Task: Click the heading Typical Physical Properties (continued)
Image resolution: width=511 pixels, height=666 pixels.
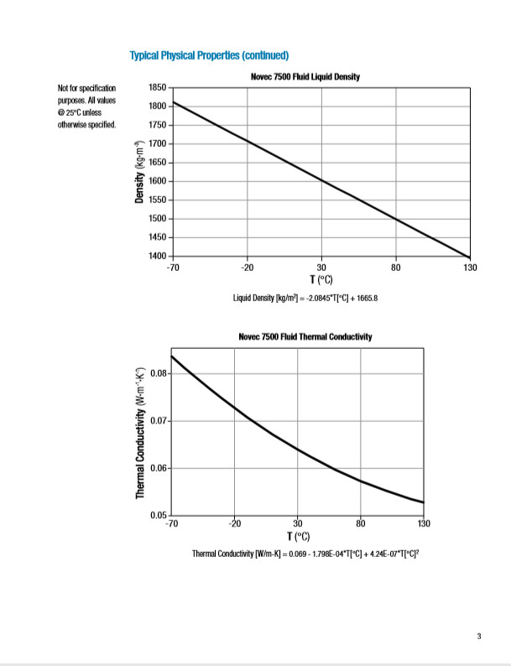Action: tap(209, 56)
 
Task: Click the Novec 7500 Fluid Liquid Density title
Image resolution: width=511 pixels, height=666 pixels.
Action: tap(305, 77)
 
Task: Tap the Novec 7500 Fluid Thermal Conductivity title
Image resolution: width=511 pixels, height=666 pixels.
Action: tap(305, 336)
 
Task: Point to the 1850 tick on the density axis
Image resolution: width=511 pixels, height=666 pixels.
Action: tap(158, 88)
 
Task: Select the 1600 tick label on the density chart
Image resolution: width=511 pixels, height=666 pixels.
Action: tap(158, 181)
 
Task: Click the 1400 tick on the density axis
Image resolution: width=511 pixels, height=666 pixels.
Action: tap(158, 255)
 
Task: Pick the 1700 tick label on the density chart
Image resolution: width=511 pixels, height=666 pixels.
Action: tap(158, 144)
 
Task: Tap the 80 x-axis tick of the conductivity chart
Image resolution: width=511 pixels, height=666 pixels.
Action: tap(361, 524)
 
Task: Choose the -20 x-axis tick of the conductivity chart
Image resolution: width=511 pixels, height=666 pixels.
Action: tap(234, 524)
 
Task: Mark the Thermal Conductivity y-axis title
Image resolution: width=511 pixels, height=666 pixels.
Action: tap(141, 434)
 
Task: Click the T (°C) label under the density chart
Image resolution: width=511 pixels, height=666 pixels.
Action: tap(321, 278)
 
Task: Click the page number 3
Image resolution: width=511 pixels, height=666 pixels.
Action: tap(479, 636)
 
